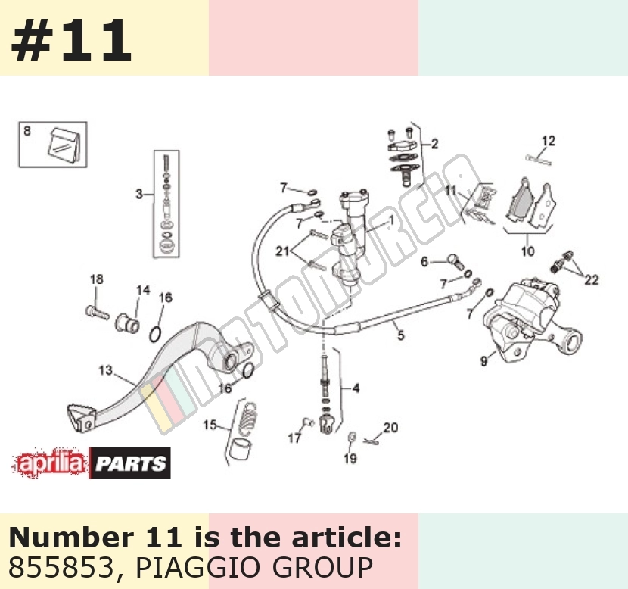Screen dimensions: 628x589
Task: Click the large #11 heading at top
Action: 71,40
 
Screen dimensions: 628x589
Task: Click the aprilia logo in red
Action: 50,463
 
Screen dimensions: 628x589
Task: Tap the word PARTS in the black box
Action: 131,463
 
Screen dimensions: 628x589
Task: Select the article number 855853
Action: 61,567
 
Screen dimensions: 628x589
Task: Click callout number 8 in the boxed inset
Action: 26,131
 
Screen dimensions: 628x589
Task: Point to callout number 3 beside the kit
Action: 139,195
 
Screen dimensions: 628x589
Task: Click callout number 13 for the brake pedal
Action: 106,369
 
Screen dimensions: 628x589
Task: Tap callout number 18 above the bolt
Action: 97,279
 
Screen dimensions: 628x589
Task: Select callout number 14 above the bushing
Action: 143,290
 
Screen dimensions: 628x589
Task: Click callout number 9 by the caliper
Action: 484,360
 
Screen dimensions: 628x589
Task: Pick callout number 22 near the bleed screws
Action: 591,279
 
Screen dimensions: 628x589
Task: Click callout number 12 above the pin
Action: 549,141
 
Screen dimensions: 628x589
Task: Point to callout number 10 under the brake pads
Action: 527,251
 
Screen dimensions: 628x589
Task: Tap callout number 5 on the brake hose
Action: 401,335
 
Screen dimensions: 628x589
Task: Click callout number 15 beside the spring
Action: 210,425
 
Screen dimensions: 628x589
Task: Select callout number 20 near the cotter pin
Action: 390,428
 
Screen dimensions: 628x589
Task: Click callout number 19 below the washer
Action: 350,458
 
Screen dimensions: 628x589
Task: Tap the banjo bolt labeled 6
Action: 455,260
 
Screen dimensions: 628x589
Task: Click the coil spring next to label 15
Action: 248,416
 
